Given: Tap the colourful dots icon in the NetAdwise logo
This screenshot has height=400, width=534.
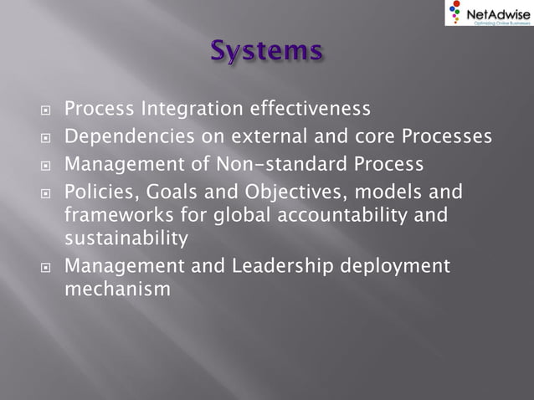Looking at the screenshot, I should pos(455,12).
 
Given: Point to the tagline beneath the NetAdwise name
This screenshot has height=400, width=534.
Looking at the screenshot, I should pos(500,23).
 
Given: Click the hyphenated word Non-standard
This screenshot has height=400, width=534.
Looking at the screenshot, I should pos(259,163).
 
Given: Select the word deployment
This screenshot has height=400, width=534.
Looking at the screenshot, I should pos(393,267).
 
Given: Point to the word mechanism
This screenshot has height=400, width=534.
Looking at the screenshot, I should pos(118,290).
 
